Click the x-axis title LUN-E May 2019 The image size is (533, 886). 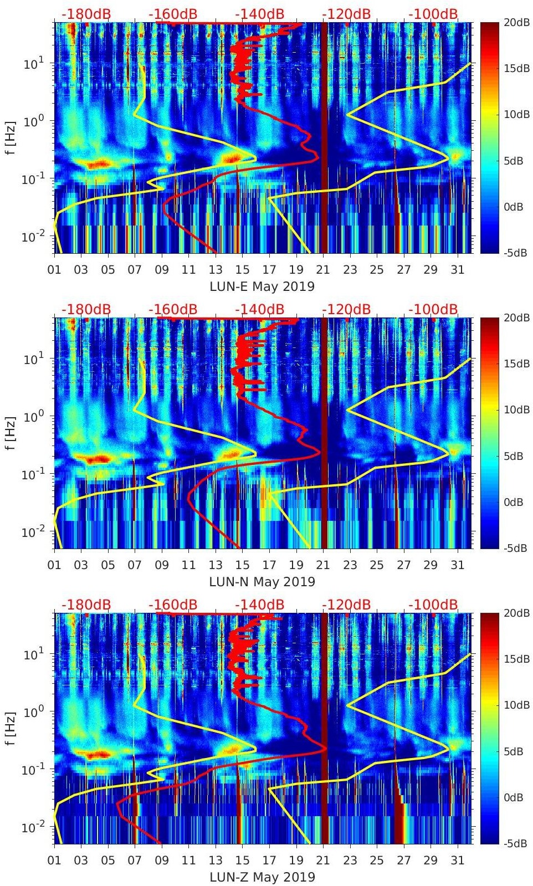click(x=262, y=286)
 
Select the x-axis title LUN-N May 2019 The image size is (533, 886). click(x=262, y=582)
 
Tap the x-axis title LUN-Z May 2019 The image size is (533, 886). click(x=262, y=877)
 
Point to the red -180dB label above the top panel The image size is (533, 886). click(x=86, y=14)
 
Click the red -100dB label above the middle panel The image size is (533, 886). click(x=433, y=309)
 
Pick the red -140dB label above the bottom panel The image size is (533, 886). click(x=259, y=605)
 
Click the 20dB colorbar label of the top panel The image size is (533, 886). click(x=516, y=22)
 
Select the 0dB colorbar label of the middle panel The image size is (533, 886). click(x=514, y=502)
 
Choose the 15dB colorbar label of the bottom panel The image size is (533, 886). click(x=516, y=659)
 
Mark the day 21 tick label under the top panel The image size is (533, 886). click(x=323, y=270)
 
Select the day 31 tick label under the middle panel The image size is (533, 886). click(x=457, y=565)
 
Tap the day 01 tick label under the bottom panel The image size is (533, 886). click(x=54, y=861)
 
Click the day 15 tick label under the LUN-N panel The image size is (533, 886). click(x=242, y=565)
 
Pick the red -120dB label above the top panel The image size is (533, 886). click(x=346, y=14)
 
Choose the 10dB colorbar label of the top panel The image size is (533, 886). click(x=516, y=114)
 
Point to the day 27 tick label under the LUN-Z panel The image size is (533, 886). click(x=403, y=861)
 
